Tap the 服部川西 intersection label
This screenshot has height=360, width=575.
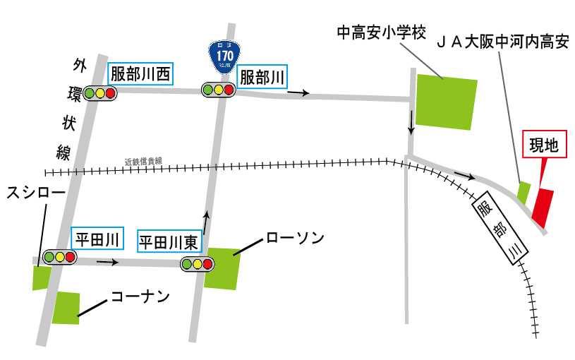coord(140,74)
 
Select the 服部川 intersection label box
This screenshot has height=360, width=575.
coord(262,77)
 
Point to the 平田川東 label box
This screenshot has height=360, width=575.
coord(169,243)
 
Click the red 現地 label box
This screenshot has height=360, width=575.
coord(544,147)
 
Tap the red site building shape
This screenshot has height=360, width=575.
coord(543,206)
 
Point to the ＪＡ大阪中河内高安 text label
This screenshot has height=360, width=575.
coord(503,43)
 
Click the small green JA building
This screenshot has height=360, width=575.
coord(523,191)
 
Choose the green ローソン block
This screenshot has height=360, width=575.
coord(222,268)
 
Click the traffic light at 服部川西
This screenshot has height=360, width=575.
coord(99,92)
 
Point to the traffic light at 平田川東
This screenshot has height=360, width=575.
coord(197,264)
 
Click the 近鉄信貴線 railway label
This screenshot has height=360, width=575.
coord(143,162)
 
